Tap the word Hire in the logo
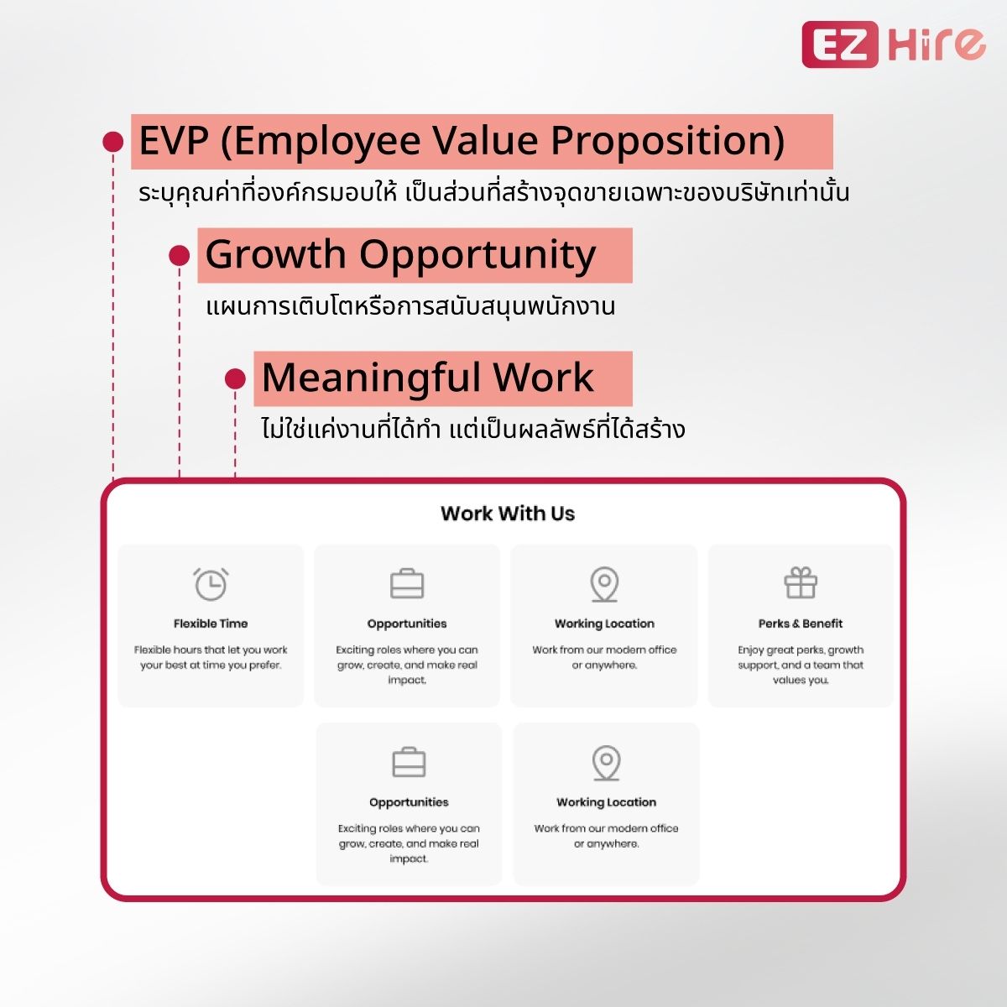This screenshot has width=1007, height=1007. (937, 44)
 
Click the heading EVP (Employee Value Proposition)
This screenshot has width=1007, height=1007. (462, 140)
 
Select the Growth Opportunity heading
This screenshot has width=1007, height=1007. (400, 254)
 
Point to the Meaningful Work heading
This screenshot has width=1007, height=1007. (427, 378)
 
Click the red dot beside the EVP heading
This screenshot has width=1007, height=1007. (113, 141)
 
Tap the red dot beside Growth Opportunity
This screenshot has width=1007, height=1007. (180, 255)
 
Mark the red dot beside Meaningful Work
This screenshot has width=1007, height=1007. (235, 378)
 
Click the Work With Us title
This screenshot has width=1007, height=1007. (508, 514)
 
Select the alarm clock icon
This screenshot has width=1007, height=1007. (211, 584)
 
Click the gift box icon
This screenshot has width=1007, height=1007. (801, 583)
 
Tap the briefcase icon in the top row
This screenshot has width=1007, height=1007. (407, 584)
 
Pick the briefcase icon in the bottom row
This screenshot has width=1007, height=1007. (409, 763)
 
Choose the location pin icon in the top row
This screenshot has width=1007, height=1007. (604, 584)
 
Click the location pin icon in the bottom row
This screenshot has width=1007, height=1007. (606, 763)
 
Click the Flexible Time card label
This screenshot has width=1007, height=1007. (211, 624)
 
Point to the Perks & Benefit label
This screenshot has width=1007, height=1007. (801, 624)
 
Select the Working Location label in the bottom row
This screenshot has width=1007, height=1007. (606, 802)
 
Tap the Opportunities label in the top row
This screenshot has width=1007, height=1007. (407, 624)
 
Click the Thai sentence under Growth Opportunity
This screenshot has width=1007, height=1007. (410, 306)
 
